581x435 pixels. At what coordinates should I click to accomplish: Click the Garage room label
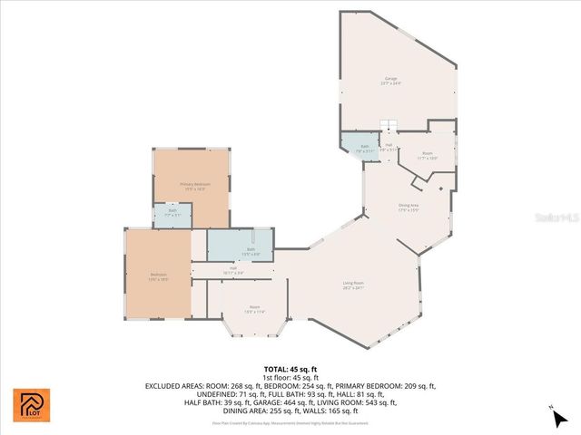(391, 81)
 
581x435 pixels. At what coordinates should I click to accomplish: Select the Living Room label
(353, 285)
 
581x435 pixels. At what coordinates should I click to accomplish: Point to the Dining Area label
(409, 208)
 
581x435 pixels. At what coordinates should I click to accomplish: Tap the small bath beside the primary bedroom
(172, 214)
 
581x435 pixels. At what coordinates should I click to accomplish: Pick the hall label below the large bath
(232, 270)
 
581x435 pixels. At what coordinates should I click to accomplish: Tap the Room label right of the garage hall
(427, 155)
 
